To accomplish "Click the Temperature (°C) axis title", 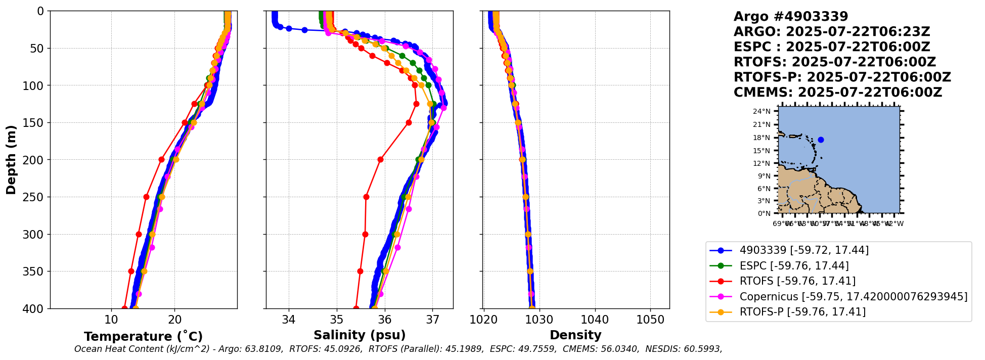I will tap(143, 336).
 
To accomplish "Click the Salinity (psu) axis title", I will tap(360, 335).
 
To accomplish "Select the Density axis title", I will tap(575, 335).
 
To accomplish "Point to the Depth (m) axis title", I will tap(11, 160).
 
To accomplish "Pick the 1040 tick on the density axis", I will tap(595, 320).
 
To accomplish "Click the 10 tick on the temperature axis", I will tap(111, 320).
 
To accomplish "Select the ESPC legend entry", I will tap(794, 265).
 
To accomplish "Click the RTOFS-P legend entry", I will tap(802, 312).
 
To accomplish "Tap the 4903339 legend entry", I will tap(804, 250).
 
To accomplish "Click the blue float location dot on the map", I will tap(821, 140).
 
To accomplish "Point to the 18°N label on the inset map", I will tap(762, 138).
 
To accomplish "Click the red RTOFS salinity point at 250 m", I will tap(366, 197).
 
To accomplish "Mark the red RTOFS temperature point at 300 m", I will tap(139, 234).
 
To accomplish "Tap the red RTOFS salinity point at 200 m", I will tap(380, 159).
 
